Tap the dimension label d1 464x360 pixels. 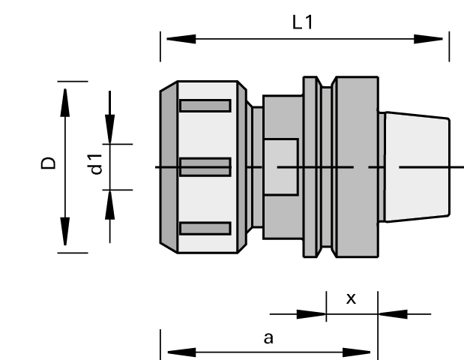pos(95,163)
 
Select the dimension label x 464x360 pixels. pos(351,298)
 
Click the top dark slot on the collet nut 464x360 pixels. pos(205,106)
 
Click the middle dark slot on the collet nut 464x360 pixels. pos(205,166)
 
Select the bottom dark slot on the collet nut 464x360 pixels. pos(205,228)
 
